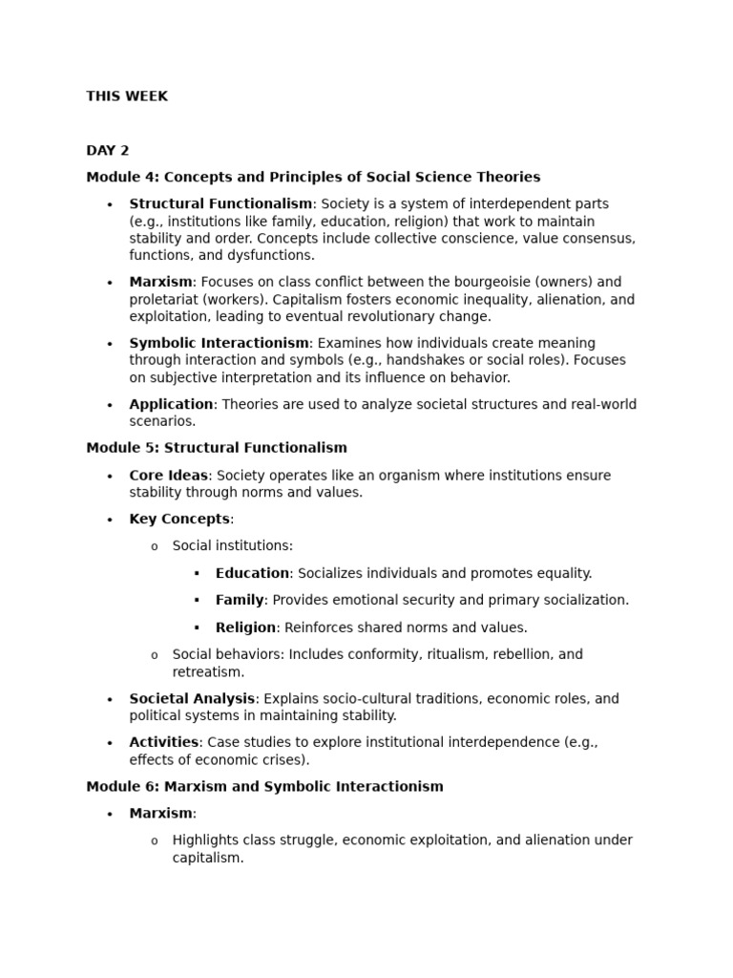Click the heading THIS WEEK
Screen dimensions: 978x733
[127, 96]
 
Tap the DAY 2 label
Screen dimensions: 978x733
[107, 150]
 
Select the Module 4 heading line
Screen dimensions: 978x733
[313, 177]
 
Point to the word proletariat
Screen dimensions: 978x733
[164, 299]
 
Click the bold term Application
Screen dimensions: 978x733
[171, 404]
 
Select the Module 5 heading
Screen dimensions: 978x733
[217, 447]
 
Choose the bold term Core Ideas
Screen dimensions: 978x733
[168, 476]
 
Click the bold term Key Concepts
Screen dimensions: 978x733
[179, 519]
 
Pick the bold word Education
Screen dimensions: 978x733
[252, 573]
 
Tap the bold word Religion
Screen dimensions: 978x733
[245, 627]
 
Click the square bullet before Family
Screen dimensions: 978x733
[197, 601]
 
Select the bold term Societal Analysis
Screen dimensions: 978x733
[192, 698]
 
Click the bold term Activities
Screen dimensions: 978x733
[164, 742]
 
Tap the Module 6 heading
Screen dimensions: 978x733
[264, 786]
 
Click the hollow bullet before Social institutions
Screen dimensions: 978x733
[155, 546]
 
